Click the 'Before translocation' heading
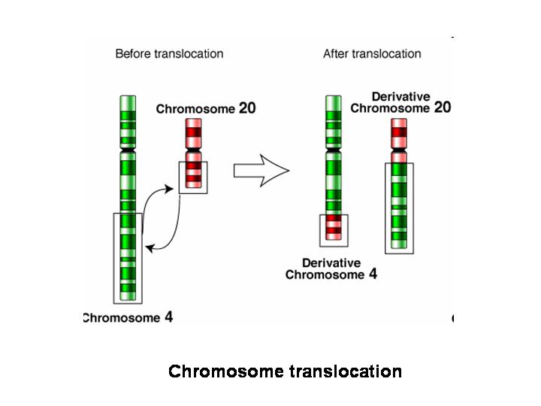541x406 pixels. click(169, 53)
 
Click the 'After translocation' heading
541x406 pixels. click(372, 53)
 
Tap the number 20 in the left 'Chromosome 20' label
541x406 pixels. click(246, 108)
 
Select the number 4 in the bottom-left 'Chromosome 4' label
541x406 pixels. click(168, 317)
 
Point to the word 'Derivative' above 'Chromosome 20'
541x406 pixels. click(401, 96)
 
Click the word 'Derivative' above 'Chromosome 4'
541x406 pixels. click(331, 263)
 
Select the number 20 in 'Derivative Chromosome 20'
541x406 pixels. click(442, 108)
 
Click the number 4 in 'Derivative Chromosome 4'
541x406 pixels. click(373, 274)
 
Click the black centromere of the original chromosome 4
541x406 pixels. click(128, 151)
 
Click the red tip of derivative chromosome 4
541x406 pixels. click(333, 229)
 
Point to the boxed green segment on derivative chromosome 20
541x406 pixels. click(399, 207)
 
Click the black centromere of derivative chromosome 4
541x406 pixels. click(333, 152)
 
